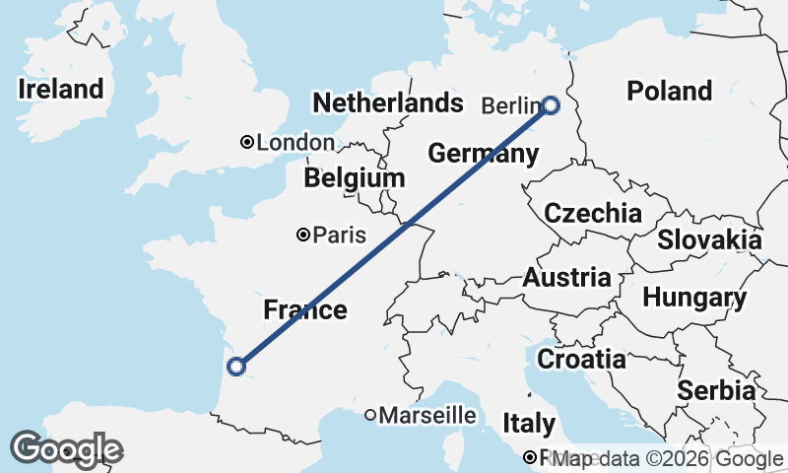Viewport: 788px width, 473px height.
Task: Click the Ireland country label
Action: click(60, 89)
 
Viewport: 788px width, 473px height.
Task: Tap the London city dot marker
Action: click(247, 142)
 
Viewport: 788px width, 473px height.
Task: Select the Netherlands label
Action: click(387, 102)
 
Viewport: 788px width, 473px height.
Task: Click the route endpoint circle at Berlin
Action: click(551, 105)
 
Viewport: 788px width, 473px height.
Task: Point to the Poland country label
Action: click(670, 91)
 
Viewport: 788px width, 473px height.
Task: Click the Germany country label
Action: click(483, 154)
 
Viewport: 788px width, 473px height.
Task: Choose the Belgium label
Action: click(355, 178)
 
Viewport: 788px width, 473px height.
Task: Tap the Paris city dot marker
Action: click(303, 235)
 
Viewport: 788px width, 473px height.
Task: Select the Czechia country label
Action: click(593, 213)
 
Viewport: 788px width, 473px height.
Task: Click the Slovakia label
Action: click(709, 239)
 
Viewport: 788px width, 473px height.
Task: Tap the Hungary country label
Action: click(694, 298)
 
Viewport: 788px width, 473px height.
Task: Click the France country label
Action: click(305, 310)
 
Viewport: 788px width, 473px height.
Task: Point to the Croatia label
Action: click(582, 359)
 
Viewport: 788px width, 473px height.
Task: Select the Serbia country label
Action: click(716, 390)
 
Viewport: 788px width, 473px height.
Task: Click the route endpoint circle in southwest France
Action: click(235, 367)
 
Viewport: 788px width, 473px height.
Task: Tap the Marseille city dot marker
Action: click(370, 416)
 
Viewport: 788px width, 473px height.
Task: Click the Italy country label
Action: click(529, 424)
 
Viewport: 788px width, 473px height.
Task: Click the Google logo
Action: click(66, 449)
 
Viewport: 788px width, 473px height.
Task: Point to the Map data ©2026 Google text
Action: click(668, 458)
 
